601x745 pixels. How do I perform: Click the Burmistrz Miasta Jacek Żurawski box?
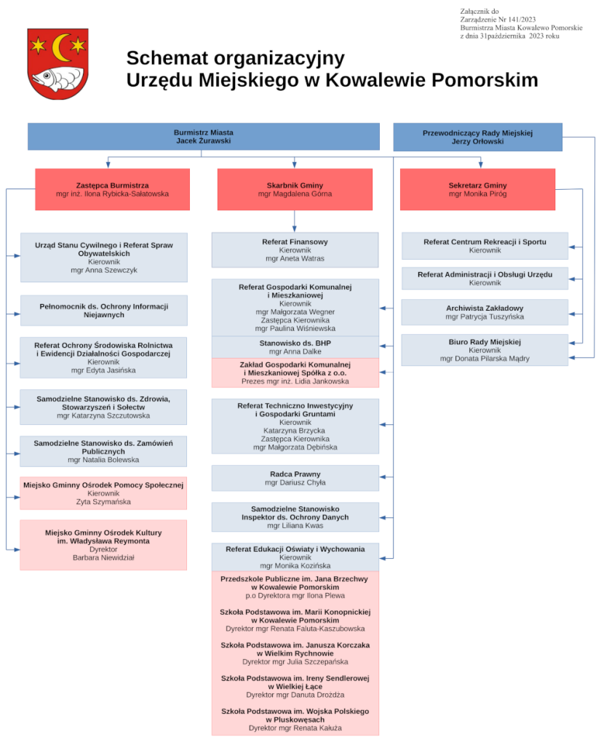point(204,137)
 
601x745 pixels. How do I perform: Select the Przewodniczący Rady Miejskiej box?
point(477,137)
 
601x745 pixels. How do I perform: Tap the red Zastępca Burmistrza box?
point(112,189)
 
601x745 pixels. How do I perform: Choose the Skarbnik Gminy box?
point(295,189)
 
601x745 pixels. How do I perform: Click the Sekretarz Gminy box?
point(477,189)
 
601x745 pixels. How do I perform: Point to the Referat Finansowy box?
point(295,250)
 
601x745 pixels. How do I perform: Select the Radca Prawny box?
point(295,478)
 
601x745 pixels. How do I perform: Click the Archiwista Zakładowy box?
point(485,312)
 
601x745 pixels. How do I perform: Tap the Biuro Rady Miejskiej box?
point(485,350)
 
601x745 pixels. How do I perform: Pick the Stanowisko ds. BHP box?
point(295,346)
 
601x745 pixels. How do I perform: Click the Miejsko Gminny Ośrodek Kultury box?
point(103,544)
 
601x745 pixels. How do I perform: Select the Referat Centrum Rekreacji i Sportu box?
point(485,246)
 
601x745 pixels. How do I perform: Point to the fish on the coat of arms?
point(50,78)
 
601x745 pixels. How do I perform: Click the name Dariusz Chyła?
point(295,482)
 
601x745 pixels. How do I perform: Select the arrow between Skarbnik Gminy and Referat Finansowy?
point(295,220)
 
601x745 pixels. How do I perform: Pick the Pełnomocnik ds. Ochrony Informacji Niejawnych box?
point(103,310)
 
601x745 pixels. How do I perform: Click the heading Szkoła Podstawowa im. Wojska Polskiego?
point(295,711)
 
